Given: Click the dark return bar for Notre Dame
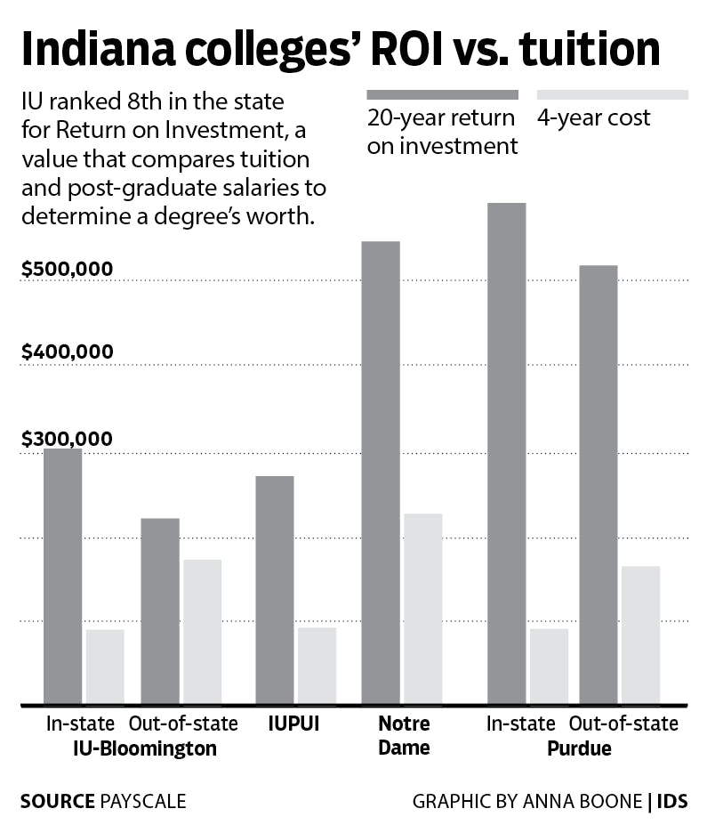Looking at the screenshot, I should [x=381, y=472].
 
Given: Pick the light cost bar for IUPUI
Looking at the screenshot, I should [x=317, y=665].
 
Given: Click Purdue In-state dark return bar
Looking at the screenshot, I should [x=507, y=453].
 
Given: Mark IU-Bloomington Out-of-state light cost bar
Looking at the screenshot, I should [x=202, y=631].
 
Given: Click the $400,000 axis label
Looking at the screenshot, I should [x=68, y=352].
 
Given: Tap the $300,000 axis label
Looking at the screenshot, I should [x=68, y=439].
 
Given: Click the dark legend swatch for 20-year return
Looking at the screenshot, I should [x=442, y=94].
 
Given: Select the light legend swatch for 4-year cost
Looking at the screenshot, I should [x=612, y=94].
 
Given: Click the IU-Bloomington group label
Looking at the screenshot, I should [x=144, y=748].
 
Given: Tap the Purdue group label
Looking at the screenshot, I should [x=579, y=748].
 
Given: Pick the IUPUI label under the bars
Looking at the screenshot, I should [x=294, y=724].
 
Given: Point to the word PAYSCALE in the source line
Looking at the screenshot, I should [x=143, y=801].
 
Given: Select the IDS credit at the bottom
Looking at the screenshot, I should [x=672, y=801].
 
